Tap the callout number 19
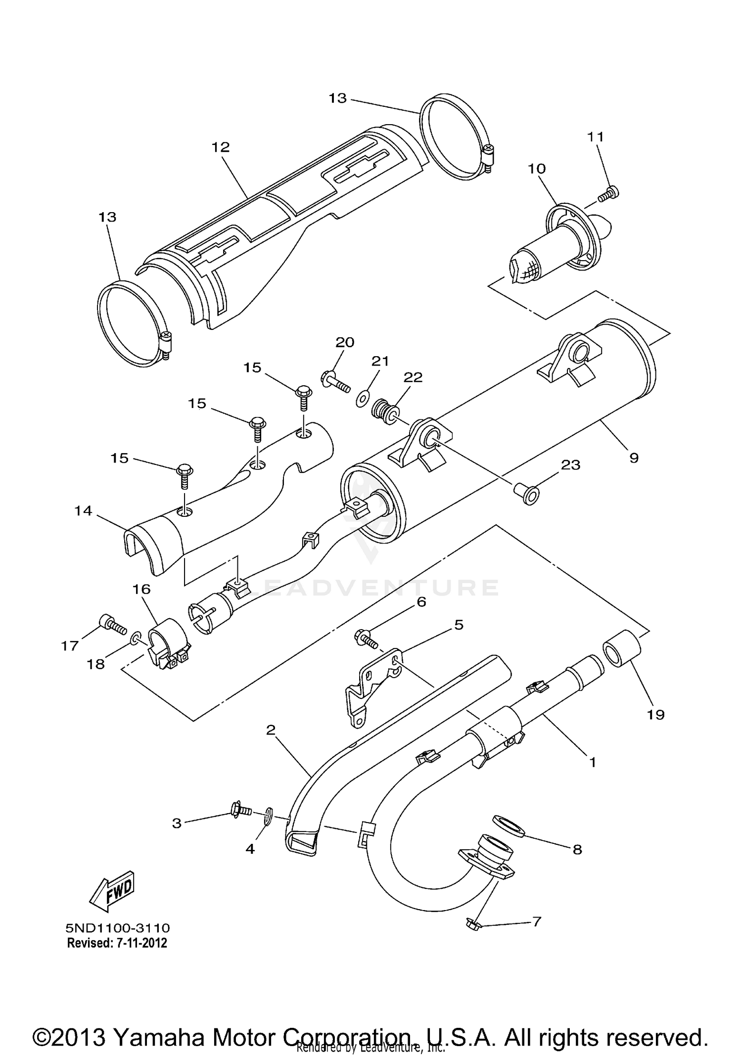click(x=656, y=714)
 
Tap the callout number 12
click(x=221, y=147)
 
